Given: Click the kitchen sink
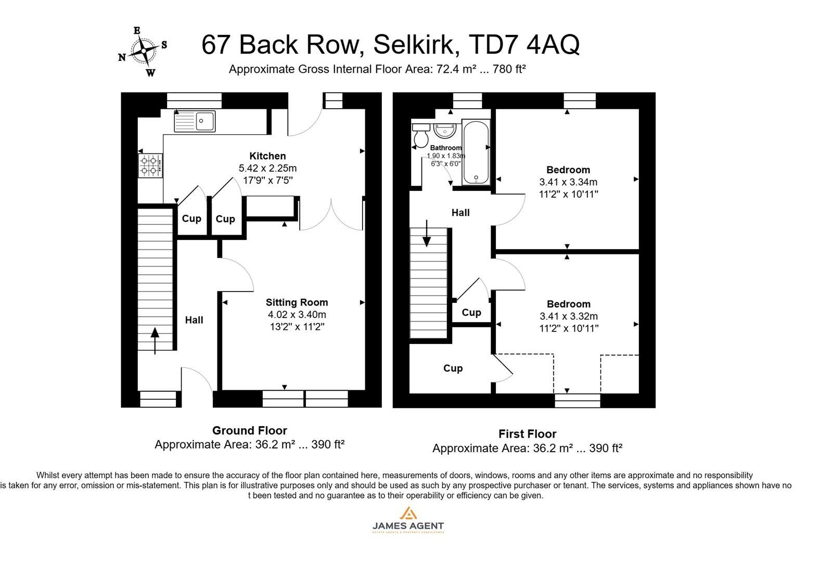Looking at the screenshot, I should click(x=194, y=121).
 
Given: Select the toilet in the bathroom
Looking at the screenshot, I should click(x=420, y=136).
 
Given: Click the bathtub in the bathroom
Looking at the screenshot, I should click(x=476, y=152).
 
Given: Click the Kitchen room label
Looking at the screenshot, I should click(x=267, y=156).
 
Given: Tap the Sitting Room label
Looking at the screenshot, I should click(x=297, y=302).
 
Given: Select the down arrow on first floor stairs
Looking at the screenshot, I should click(x=427, y=234).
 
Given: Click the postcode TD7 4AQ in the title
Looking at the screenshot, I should click(x=524, y=45).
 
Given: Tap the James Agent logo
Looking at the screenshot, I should click(x=408, y=520).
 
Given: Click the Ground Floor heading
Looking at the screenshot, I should click(x=249, y=431).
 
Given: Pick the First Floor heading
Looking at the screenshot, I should click(x=527, y=434).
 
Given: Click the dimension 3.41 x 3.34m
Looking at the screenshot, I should click(x=568, y=182).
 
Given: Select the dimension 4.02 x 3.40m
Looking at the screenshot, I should click(x=297, y=314).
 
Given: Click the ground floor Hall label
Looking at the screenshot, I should click(x=194, y=320).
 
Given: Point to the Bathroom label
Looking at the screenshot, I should click(x=445, y=148).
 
